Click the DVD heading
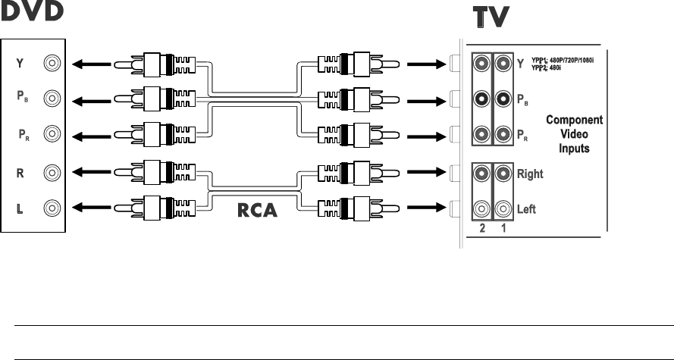tap(32, 13)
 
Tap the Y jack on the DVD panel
tap(52, 64)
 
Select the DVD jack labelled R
tap(52, 173)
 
